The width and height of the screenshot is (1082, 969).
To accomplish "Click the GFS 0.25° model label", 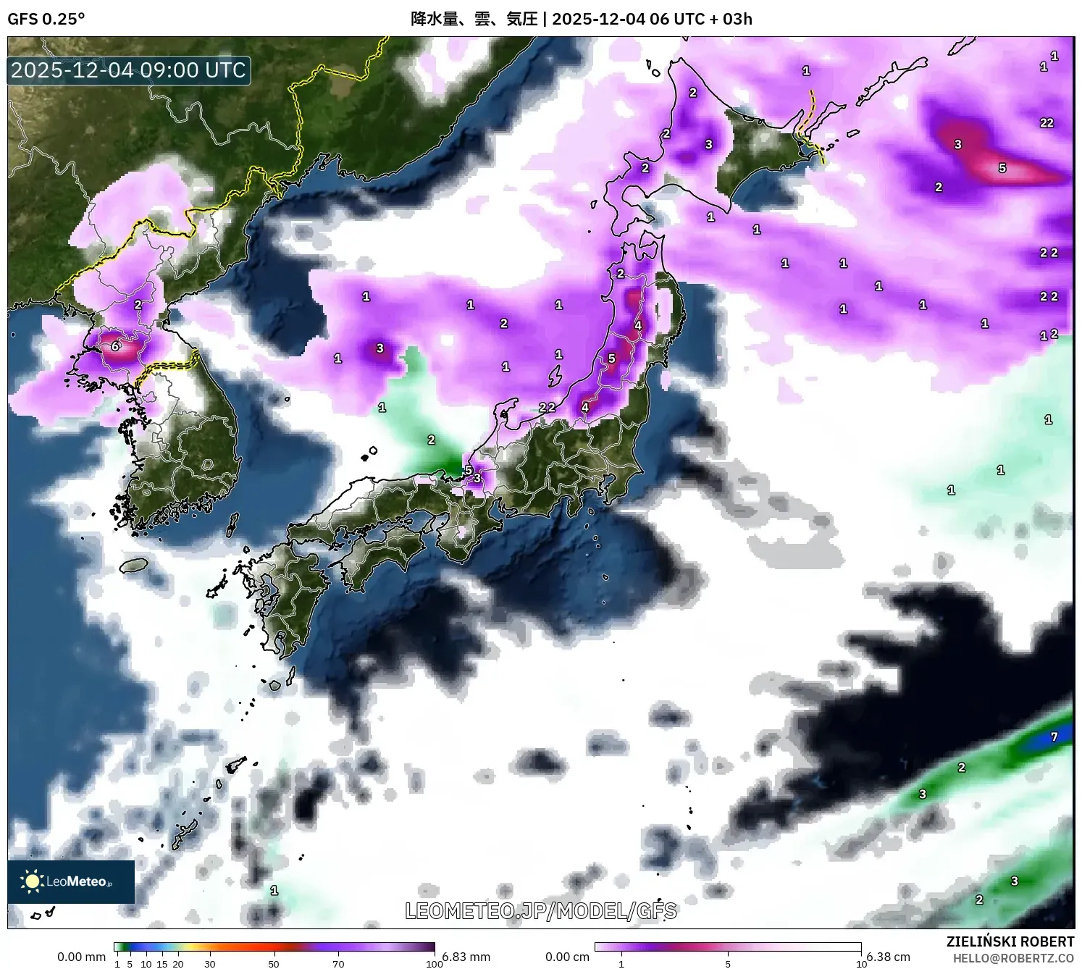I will pyautogui.click(x=46, y=19).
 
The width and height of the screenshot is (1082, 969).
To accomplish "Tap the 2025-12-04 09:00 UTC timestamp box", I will pyautogui.click(x=129, y=70).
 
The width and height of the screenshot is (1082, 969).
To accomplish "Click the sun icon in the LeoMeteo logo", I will pyautogui.click(x=32, y=881).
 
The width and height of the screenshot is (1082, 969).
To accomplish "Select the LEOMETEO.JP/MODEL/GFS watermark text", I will pyautogui.click(x=540, y=910).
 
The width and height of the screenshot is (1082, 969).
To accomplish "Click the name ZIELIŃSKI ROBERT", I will pyautogui.click(x=1010, y=941).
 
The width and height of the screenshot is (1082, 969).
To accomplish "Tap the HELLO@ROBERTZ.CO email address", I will pyautogui.click(x=1013, y=957).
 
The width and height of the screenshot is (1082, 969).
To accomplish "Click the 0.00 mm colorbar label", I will pyautogui.click(x=81, y=957).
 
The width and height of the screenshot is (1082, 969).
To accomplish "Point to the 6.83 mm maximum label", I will pyautogui.click(x=466, y=957).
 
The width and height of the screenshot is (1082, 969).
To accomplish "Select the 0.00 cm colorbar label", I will pyautogui.click(x=567, y=957).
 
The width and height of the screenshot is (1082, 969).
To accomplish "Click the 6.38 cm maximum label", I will pyautogui.click(x=888, y=957).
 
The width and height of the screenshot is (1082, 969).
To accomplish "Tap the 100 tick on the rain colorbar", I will pyautogui.click(x=435, y=964).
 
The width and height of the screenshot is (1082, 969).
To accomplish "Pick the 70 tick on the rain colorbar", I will pyautogui.click(x=338, y=964).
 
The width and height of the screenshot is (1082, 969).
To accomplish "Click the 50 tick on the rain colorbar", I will pyautogui.click(x=274, y=964).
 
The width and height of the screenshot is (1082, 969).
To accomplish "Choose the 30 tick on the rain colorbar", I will pyautogui.click(x=210, y=964).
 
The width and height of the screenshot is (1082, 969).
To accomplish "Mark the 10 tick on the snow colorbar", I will pyautogui.click(x=861, y=964).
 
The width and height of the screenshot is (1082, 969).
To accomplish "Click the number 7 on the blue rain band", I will pyautogui.click(x=1054, y=737).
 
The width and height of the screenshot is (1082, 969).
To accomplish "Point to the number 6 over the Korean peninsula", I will pyautogui.click(x=115, y=346).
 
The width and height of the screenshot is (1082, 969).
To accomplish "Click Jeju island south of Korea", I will pyautogui.click(x=134, y=564).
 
